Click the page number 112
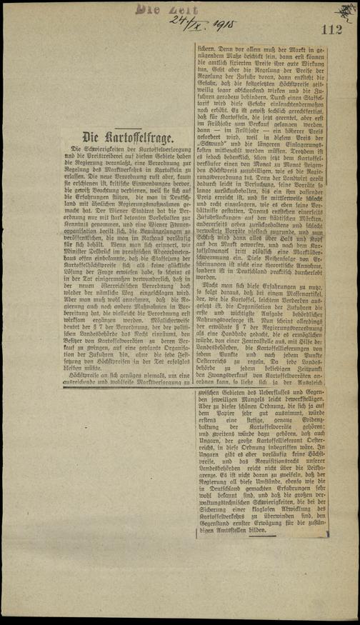click(x=332, y=30)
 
